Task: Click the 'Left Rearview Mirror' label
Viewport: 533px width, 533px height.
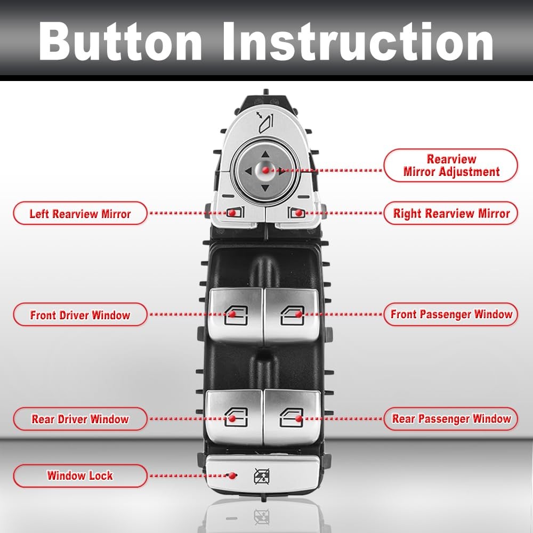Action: (80, 214)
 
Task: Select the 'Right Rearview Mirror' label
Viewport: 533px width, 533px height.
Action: (451, 214)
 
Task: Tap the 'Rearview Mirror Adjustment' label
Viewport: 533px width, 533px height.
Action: (451, 165)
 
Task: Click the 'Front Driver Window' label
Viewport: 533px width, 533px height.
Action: (80, 315)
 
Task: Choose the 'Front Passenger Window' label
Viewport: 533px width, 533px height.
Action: (451, 314)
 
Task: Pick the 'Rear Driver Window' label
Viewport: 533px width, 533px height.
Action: (80, 419)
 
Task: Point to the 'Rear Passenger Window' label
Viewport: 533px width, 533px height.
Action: (451, 419)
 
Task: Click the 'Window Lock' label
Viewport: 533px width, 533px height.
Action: (80, 475)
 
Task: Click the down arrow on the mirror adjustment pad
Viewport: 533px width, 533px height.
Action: (265, 189)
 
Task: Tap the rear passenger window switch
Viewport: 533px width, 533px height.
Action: (292, 417)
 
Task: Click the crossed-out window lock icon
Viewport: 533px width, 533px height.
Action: (261, 474)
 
